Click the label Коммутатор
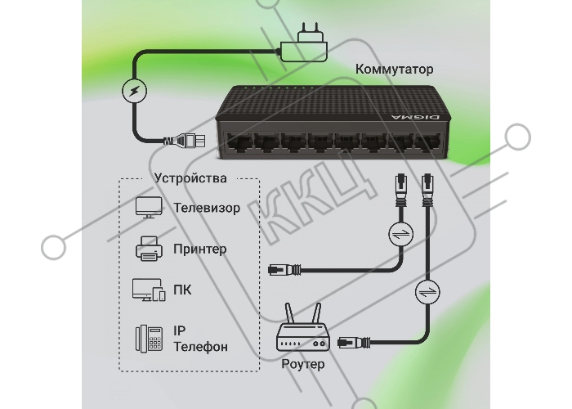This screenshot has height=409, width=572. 395,69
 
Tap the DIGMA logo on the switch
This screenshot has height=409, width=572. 415,117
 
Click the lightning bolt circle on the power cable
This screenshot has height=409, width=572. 134,91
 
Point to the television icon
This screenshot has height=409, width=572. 149,208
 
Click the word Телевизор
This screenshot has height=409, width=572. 207,208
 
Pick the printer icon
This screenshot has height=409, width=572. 149,249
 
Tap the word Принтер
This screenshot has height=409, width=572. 200,249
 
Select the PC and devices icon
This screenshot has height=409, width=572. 149,290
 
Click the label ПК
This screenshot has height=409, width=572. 182,290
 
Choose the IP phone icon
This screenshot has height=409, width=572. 150,339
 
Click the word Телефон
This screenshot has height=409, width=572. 201,347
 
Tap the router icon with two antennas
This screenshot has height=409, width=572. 303,327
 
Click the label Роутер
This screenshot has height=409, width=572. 303,364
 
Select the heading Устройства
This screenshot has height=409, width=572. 190,178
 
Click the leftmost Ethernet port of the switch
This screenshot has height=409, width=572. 239,142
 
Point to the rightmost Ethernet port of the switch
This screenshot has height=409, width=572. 428,142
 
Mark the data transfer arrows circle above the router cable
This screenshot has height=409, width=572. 427,292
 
